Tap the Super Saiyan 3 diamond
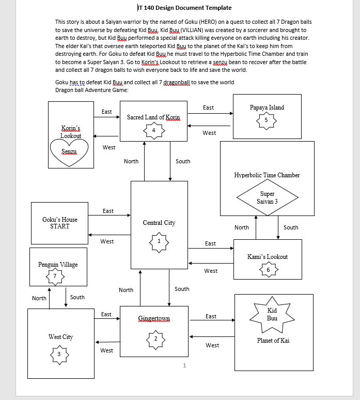point(268,197)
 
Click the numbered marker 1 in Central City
point(159,241)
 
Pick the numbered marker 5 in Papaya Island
point(266,120)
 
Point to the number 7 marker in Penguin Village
point(55,276)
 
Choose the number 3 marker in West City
point(59,354)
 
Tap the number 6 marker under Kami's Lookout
point(268,270)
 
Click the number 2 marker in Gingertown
point(155,339)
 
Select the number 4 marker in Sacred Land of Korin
point(153,130)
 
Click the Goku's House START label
point(60,223)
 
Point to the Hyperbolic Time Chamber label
point(267,175)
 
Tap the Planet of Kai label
point(273,341)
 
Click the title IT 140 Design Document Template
point(184,8)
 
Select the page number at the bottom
point(184,366)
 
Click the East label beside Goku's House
point(108,211)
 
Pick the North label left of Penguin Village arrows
point(39,298)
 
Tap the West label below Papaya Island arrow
point(209,133)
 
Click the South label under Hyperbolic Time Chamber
point(291,227)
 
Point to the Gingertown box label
point(154,318)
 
